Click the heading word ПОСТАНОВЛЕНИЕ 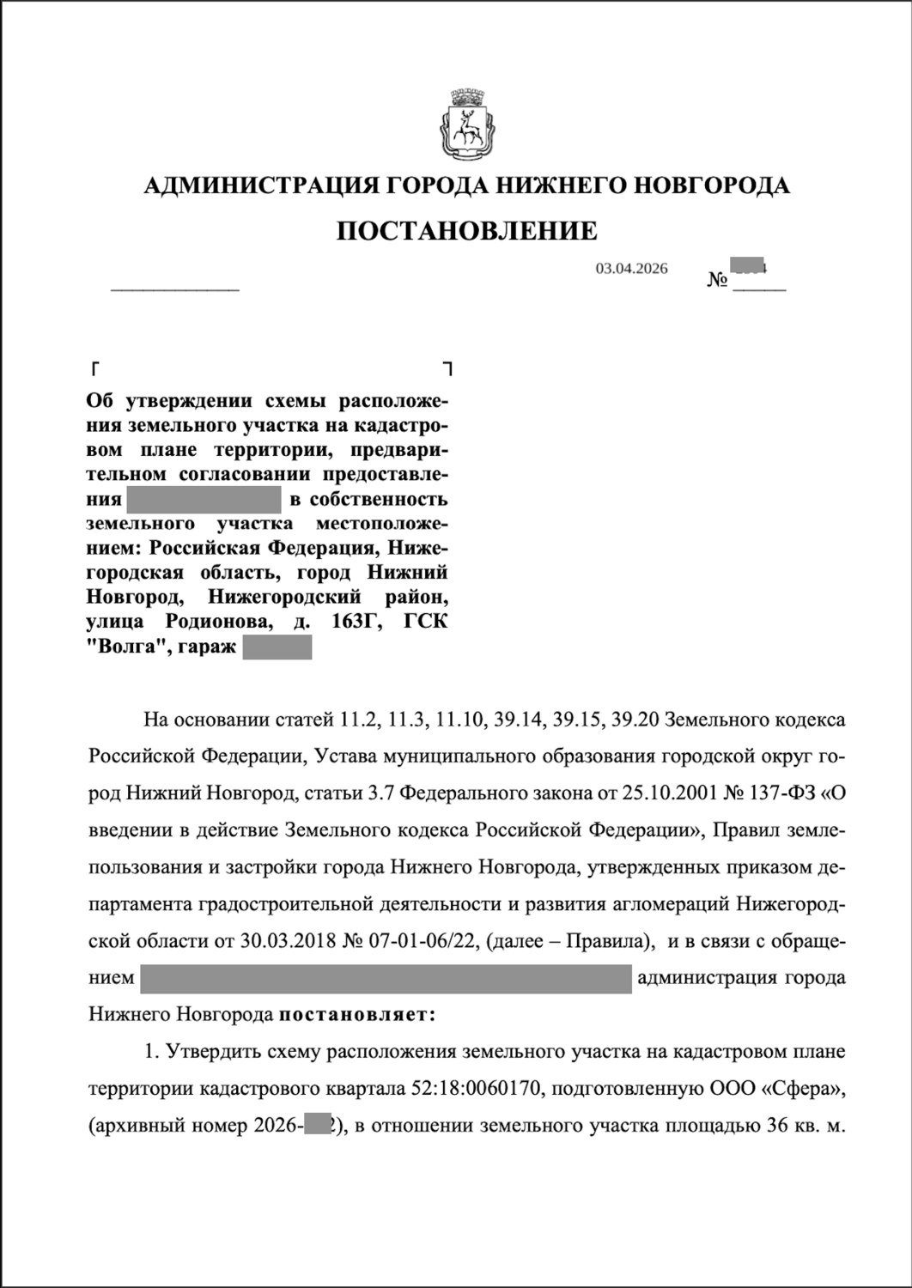click(465, 230)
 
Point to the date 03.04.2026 click(631, 269)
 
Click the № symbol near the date click(718, 280)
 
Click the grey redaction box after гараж click(277, 647)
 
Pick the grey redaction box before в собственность click(204, 499)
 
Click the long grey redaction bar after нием click(386, 978)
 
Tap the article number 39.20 click(635, 720)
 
